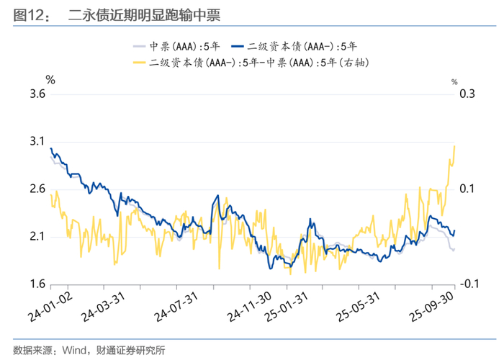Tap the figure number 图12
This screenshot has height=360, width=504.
tap(27, 14)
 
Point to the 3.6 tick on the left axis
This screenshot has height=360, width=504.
tap(35, 94)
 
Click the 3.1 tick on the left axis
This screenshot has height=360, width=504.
tap(35, 141)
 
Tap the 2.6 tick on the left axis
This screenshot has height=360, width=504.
tap(35, 189)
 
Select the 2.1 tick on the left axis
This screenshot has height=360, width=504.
tap(35, 237)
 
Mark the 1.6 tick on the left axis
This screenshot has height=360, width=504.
tap(35, 284)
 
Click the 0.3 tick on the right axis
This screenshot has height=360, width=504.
tap(467, 94)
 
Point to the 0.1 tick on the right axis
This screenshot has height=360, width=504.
tap(467, 189)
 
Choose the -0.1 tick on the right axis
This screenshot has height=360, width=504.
tap(466, 284)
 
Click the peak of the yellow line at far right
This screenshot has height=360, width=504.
tap(454, 145)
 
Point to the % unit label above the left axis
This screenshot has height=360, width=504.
tap(50, 78)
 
